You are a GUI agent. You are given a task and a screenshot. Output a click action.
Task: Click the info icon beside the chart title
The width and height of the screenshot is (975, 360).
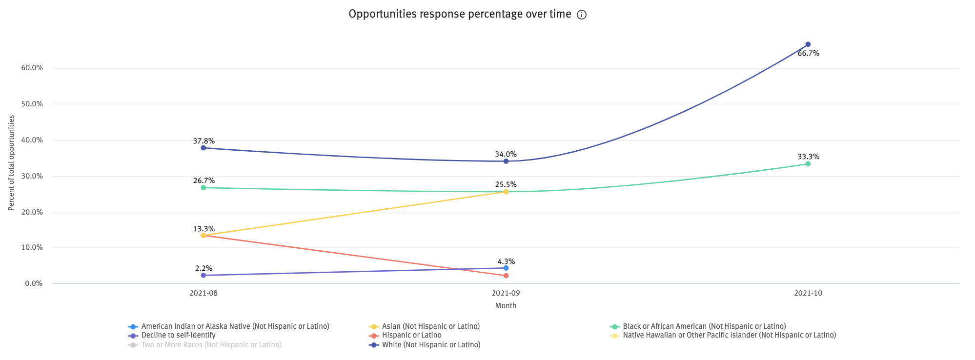pos(581,15)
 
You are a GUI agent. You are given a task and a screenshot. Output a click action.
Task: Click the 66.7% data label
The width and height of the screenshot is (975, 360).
pos(808,54)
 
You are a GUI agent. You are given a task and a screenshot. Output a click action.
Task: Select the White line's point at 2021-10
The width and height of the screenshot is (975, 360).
pos(808,44)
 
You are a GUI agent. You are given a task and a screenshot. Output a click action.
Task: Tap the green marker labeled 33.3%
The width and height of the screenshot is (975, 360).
pos(808,164)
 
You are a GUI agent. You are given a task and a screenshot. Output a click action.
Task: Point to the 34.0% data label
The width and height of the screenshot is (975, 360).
pos(506,154)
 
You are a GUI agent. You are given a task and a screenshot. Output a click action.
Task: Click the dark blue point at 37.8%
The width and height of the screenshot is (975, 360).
pos(203,148)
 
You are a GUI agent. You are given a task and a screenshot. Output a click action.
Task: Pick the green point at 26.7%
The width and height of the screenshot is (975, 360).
pos(203,188)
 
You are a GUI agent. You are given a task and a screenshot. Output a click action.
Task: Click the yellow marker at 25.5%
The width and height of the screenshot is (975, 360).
pos(506,192)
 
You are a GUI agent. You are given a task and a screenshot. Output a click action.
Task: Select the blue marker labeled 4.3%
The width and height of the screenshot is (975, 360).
pos(506,268)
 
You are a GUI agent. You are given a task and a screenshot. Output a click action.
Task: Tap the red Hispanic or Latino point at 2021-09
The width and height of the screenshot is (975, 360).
pos(506,276)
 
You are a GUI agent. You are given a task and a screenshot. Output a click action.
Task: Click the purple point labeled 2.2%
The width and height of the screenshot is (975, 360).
pos(203,275)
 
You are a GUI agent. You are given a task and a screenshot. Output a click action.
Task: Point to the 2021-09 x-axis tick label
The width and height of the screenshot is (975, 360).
pos(506,293)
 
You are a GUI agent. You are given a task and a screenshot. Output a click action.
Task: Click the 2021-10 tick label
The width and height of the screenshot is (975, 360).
pos(808,293)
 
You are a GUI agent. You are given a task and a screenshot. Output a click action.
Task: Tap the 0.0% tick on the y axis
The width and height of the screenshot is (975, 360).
pos(34,283)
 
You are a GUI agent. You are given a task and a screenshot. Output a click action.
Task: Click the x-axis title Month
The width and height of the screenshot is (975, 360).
pos(506,306)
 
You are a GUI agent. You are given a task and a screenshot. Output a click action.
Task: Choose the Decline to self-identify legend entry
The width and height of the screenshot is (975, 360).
pos(178,335)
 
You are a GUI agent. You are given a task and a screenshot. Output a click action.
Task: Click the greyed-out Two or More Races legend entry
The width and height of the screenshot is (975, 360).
pos(211,345)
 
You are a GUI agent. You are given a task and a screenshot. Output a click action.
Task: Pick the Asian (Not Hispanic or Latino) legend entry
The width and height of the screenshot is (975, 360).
pos(430,326)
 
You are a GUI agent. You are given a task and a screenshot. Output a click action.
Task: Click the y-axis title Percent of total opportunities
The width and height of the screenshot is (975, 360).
pos(11,163)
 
